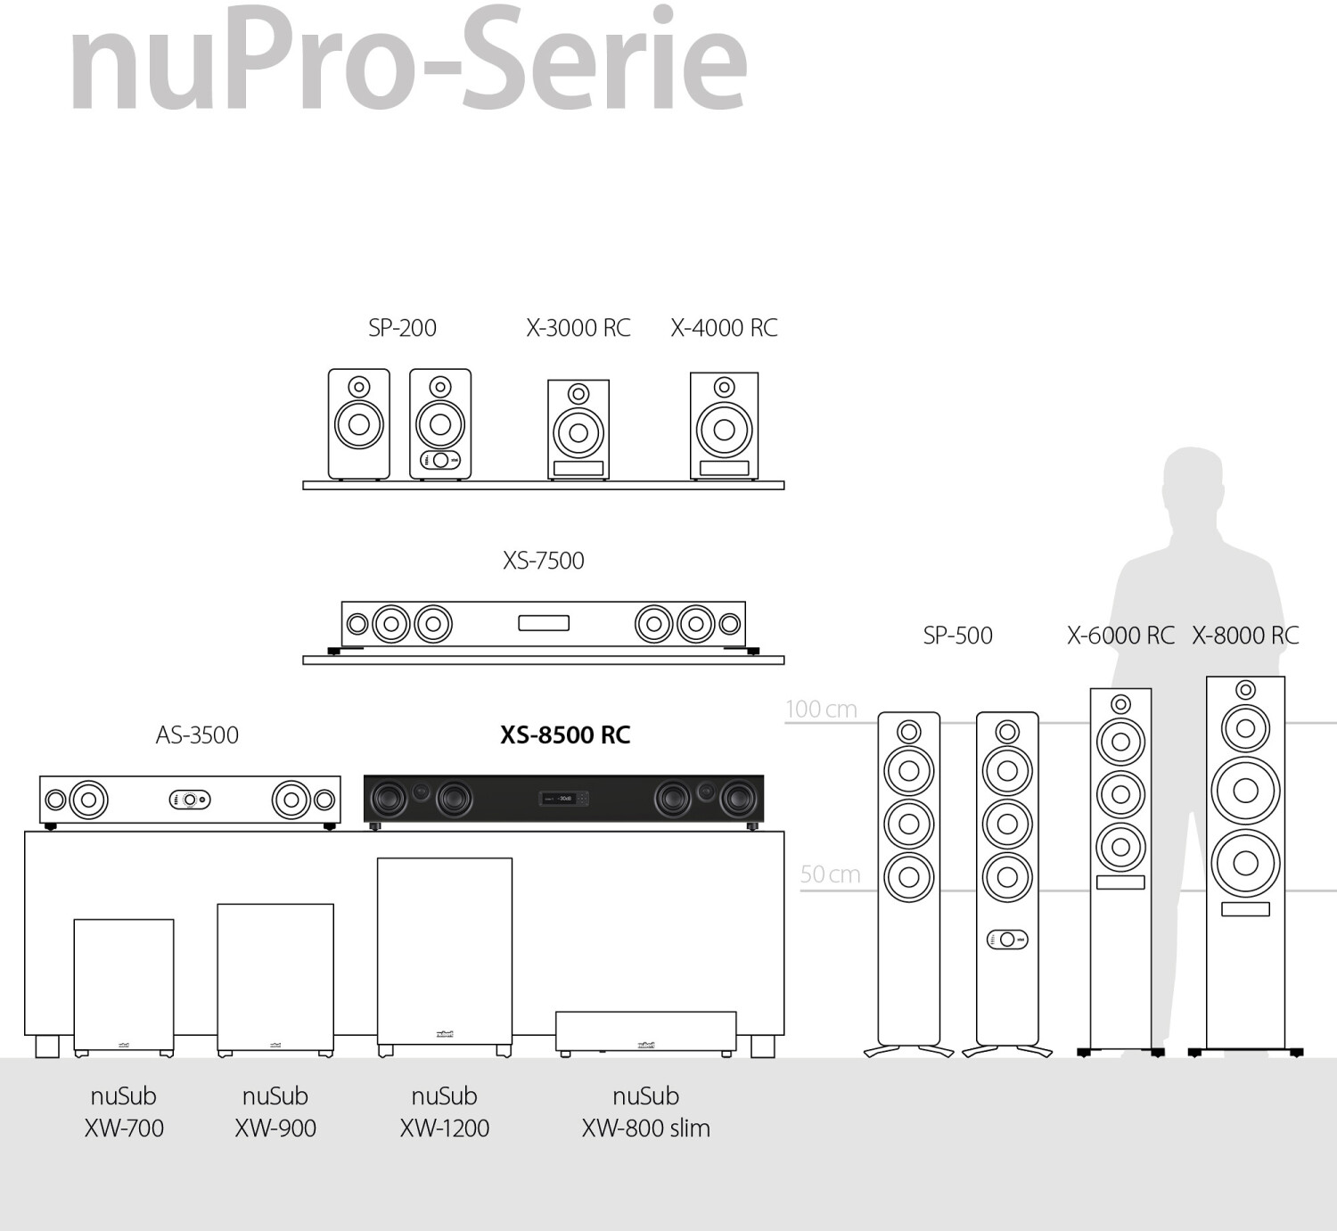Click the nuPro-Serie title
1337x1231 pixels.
[408, 59]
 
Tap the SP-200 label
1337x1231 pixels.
[403, 328]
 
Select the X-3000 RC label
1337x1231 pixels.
[578, 328]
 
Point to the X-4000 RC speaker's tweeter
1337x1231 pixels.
[724, 387]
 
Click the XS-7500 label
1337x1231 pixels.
[543, 561]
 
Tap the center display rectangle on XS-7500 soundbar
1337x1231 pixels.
[544, 623]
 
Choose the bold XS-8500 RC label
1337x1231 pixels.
[565, 734]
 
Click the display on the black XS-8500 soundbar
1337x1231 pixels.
[564, 798]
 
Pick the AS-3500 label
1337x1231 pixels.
[197, 734]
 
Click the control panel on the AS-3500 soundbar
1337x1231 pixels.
[190, 800]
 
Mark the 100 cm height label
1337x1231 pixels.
[821, 709]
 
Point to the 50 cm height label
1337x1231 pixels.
[830, 874]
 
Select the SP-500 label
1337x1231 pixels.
[958, 636]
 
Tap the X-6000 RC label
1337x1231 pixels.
[1120, 636]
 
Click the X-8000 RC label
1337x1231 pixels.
[1245, 636]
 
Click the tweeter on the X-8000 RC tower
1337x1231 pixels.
[1245, 690]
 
